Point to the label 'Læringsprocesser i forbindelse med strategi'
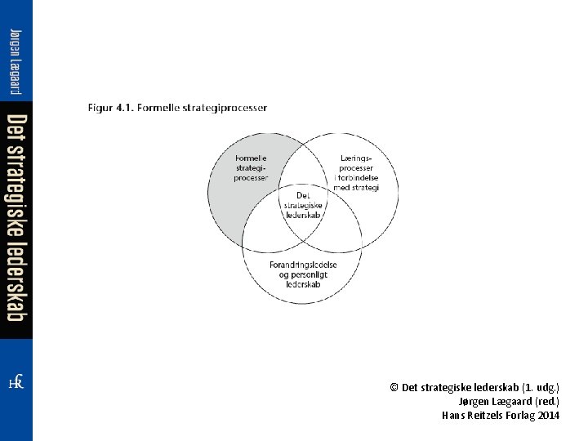tap(356, 172)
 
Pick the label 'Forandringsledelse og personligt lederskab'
tap(303, 275)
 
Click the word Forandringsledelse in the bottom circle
tap(303, 265)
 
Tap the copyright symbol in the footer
tap(394, 388)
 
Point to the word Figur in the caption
tap(100, 108)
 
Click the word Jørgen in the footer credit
tap(476, 402)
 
